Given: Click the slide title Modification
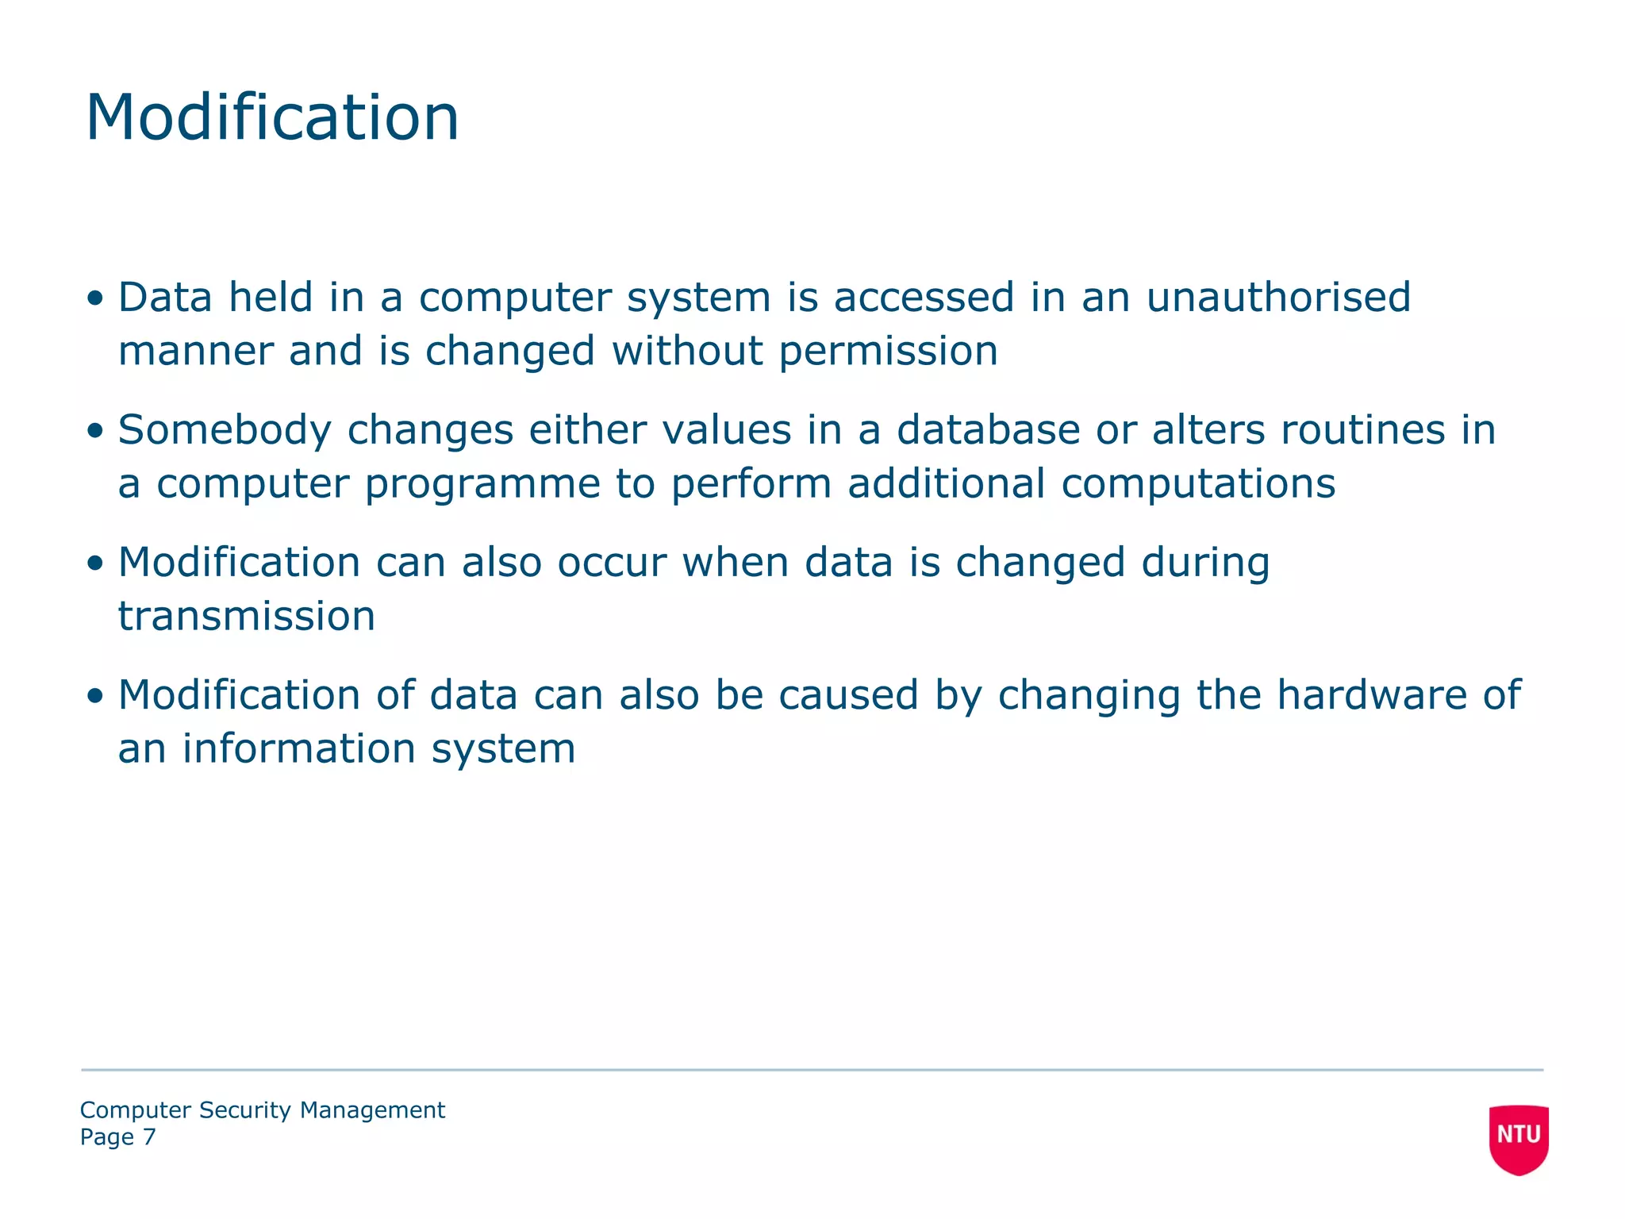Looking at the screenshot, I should coord(272,117).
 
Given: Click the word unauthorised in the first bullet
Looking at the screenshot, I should coord(1278,298).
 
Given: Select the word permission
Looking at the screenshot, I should coord(888,352).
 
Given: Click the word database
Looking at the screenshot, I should coord(988,430).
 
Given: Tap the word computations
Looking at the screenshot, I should coord(1198,484).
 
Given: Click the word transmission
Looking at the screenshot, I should coord(247,617).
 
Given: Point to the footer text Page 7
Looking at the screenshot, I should coord(117,1137).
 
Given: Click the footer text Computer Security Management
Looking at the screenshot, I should coord(262,1109).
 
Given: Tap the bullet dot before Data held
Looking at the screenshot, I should coord(95,299).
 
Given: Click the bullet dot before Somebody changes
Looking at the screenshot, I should coord(95,432).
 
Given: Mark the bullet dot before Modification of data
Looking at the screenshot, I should coord(95,697).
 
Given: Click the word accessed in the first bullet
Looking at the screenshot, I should coord(924,298).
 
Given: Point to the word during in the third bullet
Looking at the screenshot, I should coord(1205,563).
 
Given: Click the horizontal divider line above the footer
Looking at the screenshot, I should coord(812,1070).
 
